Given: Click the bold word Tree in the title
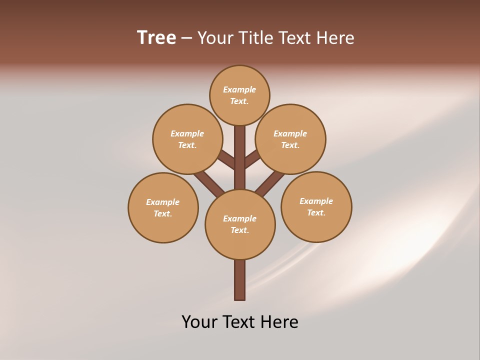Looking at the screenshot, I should click(x=156, y=37).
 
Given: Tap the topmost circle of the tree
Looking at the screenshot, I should click(x=239, y=95).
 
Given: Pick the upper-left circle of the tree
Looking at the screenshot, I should click(x=187, y=139).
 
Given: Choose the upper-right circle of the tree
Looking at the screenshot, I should click(x=290, y=139).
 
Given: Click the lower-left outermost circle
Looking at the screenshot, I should click(x=163, y=207).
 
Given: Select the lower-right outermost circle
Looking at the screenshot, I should click(x=316, y=206).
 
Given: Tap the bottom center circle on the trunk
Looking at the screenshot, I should click(x=240, y=224).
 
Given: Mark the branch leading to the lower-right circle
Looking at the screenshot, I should click(x=270, y=183).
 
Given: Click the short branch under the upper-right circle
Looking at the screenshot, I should click(x=252, y=160).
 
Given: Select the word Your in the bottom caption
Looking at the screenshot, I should click(x=198, y=321).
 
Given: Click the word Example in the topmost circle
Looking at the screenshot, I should click(x=239, y=89).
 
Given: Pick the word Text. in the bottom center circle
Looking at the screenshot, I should click(x=239, y=230).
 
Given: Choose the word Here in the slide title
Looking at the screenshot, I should click(x=337, y=37).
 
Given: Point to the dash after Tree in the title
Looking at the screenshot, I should click(x=186, y=38).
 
